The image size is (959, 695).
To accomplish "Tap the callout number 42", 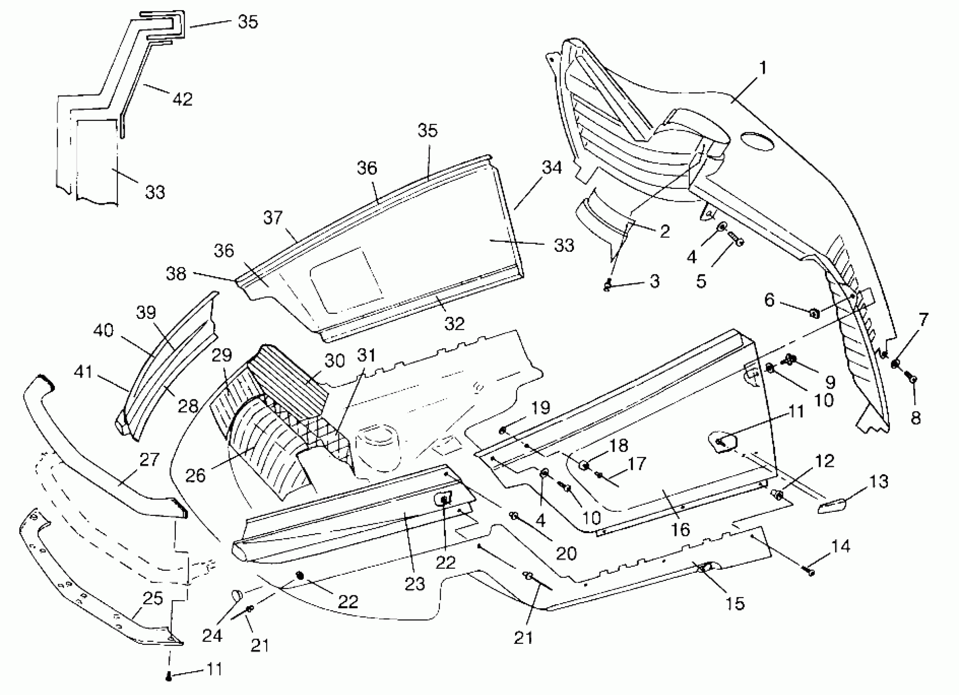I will pos(182,99).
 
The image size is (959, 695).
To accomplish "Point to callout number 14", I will pos(840,547).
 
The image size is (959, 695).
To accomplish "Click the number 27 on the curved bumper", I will pos(149,460).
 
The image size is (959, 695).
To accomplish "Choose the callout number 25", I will pos(152,599).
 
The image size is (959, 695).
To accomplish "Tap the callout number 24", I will pos(212,635).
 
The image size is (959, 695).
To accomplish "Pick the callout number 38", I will pos(176,274).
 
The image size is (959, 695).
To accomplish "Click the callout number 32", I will pos(455,324).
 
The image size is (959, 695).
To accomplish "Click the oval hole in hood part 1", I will pos(757,141).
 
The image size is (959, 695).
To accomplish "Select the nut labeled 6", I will pos(814,314).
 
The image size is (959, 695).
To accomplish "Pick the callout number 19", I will pos(540,408).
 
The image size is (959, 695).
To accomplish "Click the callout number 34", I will pos(552,168).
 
